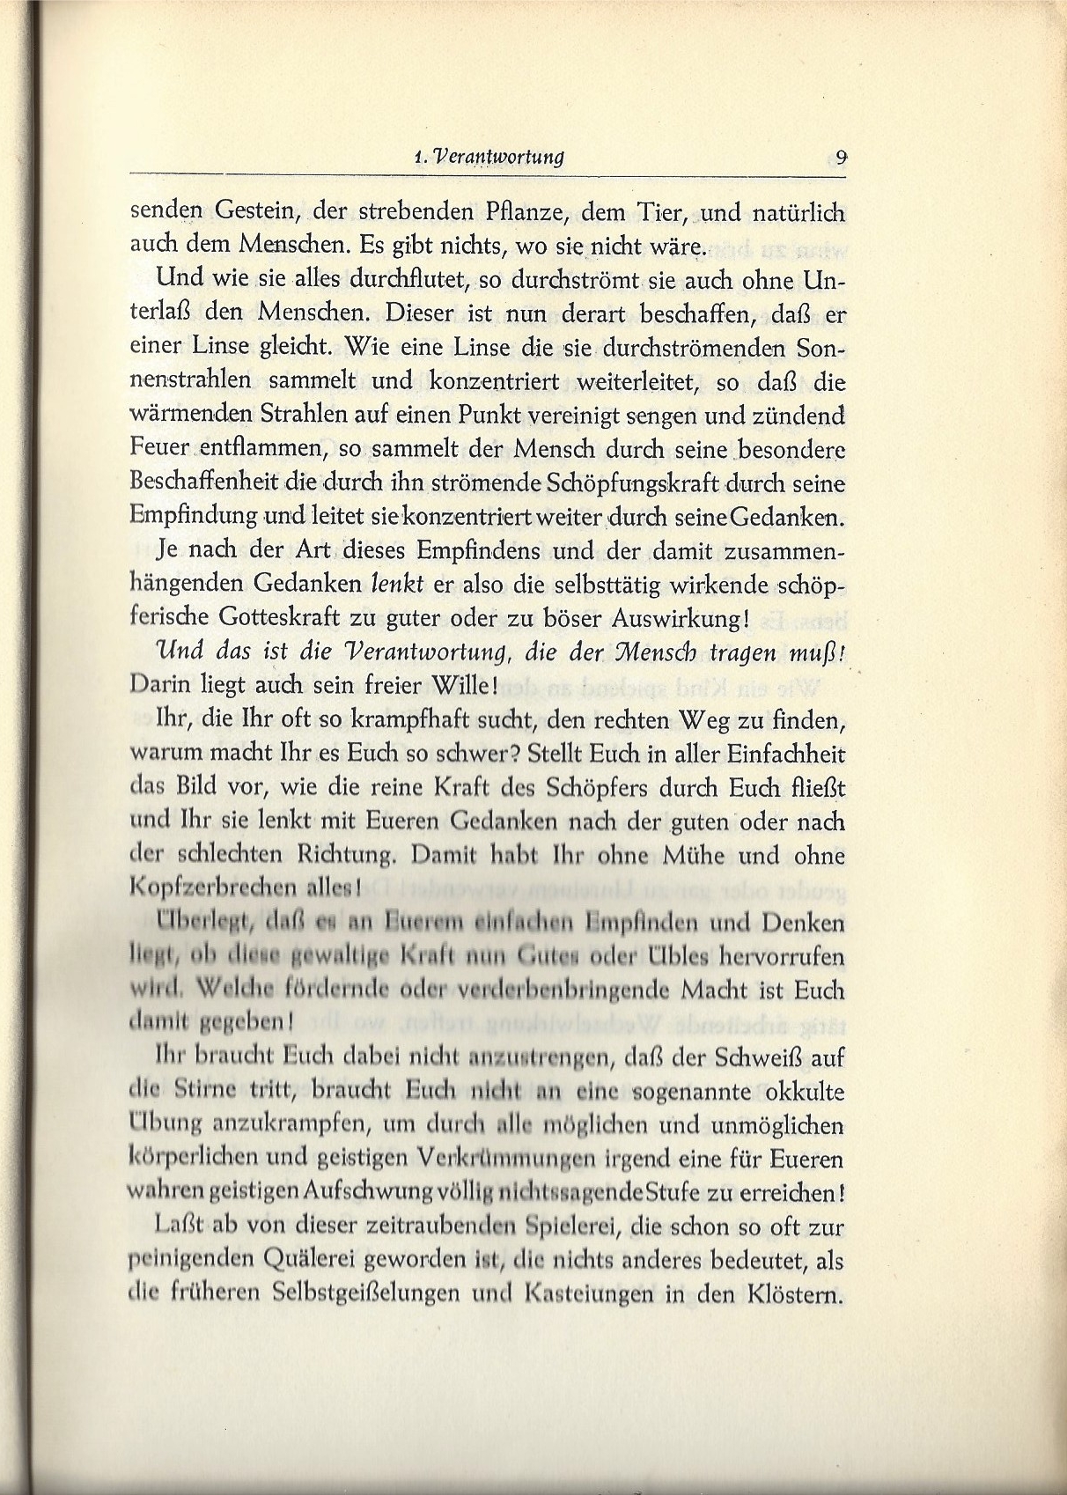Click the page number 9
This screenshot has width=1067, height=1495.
point(842,158)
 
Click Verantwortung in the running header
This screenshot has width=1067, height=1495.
point(496,158)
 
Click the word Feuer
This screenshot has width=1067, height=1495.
point(158,448)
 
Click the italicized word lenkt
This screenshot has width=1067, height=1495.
point(398,584)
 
